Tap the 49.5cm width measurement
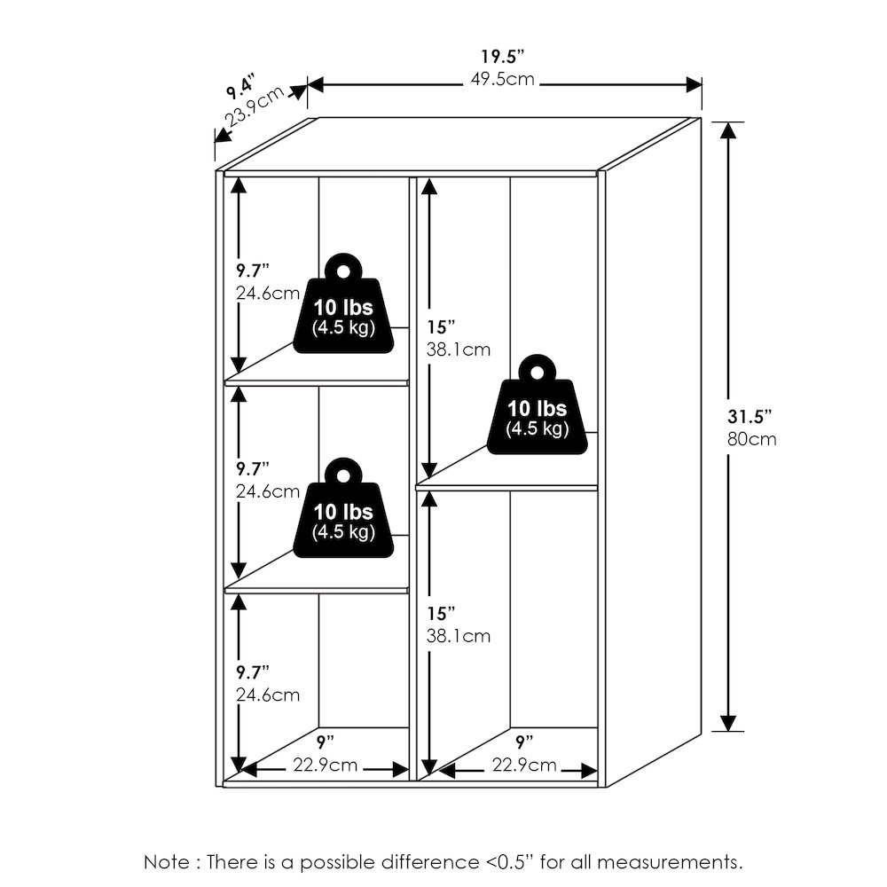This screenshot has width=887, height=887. click(x=503, y=80)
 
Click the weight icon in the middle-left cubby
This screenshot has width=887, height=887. click(x=342, y=511)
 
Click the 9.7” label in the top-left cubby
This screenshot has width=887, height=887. click(x=252, y=270)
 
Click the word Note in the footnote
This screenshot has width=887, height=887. click(x=166, y=861)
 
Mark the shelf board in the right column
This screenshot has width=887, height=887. click(x=506, y=487)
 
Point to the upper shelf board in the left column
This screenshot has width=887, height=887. click(x=317, y=382)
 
